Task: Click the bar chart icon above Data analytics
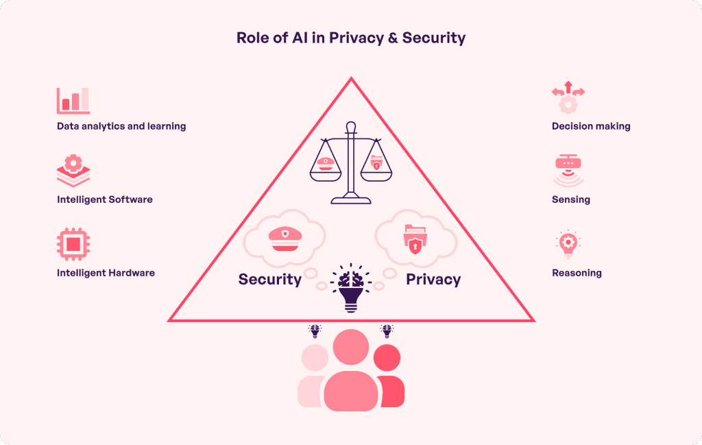click(x=73, y=100)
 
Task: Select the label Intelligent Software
click(x=105, y=200)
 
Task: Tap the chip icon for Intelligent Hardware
click(x=73, y=244)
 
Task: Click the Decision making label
click(x=591, y=126)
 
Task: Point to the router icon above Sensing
click(x=568, y=170)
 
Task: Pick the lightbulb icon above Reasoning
click(x=568, y=244)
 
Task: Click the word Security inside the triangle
click(x=270, y=279)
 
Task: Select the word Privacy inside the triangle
click(x=433, y=279)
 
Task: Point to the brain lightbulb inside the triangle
click(x=350, y=287)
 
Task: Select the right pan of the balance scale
click(x=377, y=165)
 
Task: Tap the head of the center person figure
click(x=350, y=347)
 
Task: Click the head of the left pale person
click(x=315, y=358)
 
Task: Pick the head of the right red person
click(x=387, y=357)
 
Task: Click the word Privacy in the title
click(x=356, y=38)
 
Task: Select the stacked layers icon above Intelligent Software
click(x=73, y=171)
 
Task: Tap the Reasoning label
click(x=577, y=273)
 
